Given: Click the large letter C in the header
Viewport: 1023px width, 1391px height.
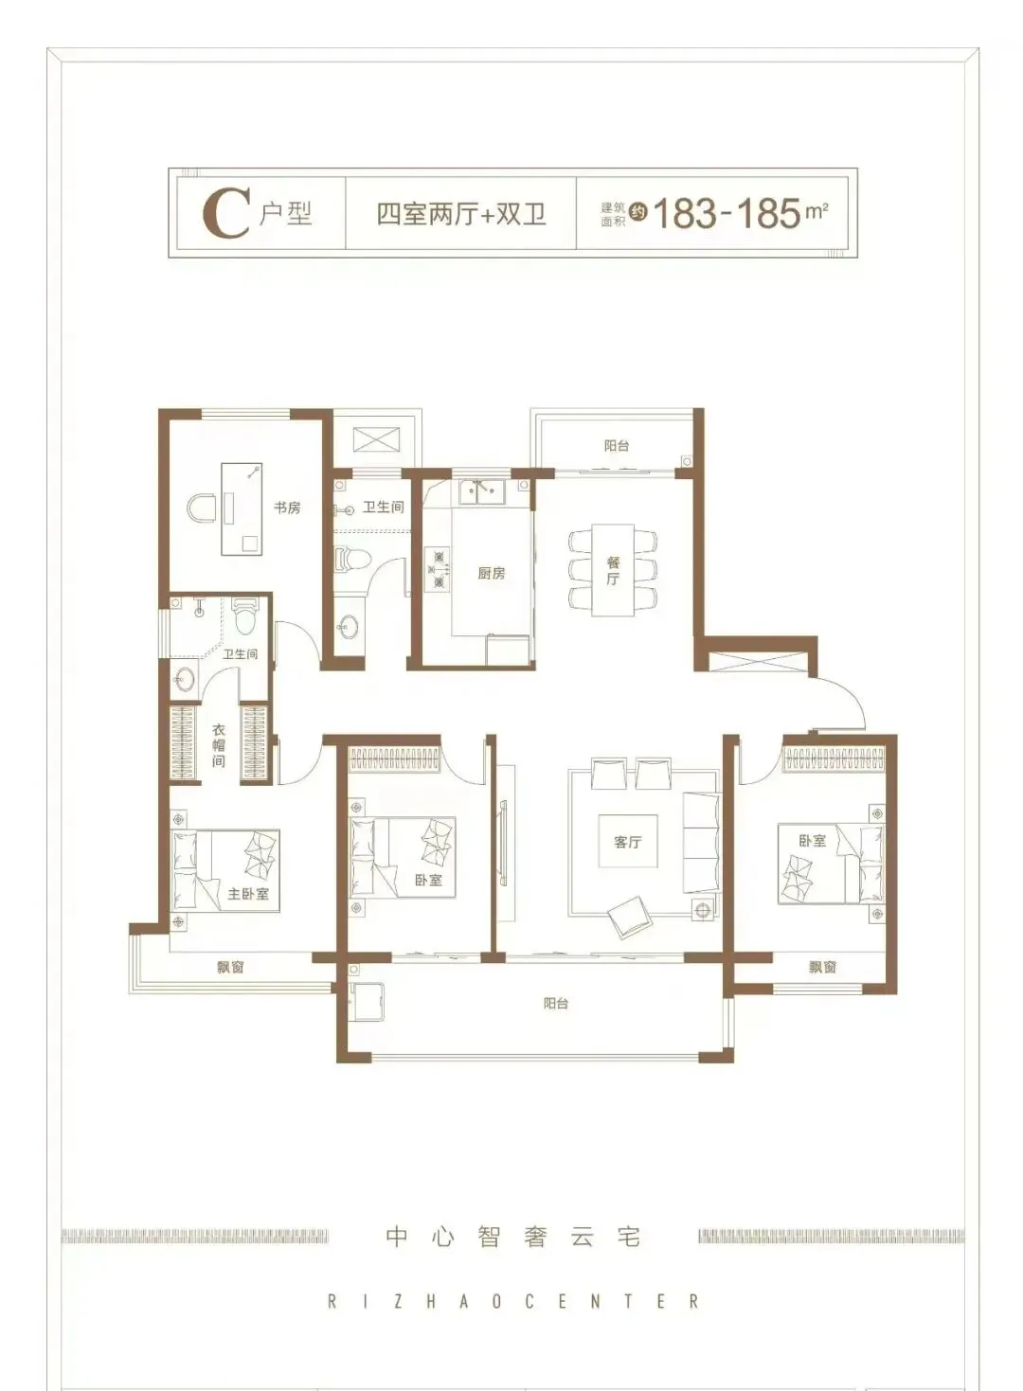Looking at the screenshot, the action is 225,214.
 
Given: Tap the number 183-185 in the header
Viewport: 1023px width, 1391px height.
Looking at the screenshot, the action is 727,214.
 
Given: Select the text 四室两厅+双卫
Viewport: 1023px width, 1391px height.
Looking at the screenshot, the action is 461,214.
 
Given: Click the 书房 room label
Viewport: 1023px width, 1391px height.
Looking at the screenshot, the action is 287,508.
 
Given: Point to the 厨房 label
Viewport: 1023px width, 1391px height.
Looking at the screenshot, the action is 492,573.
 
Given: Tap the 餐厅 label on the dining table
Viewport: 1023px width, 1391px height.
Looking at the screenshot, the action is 613,570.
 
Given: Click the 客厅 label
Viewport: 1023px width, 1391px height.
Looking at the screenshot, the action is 627,842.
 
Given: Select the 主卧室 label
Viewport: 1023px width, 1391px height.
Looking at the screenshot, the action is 248,894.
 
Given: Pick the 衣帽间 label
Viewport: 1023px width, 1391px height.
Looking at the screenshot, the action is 219,745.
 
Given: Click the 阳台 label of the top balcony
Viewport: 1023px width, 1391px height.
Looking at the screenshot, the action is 617,445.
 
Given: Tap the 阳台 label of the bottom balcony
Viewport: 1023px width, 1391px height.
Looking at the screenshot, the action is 555,1003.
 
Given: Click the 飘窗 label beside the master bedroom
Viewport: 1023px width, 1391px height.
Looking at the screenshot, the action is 231,966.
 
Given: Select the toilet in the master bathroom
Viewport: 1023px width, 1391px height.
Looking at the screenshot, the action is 245,615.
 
